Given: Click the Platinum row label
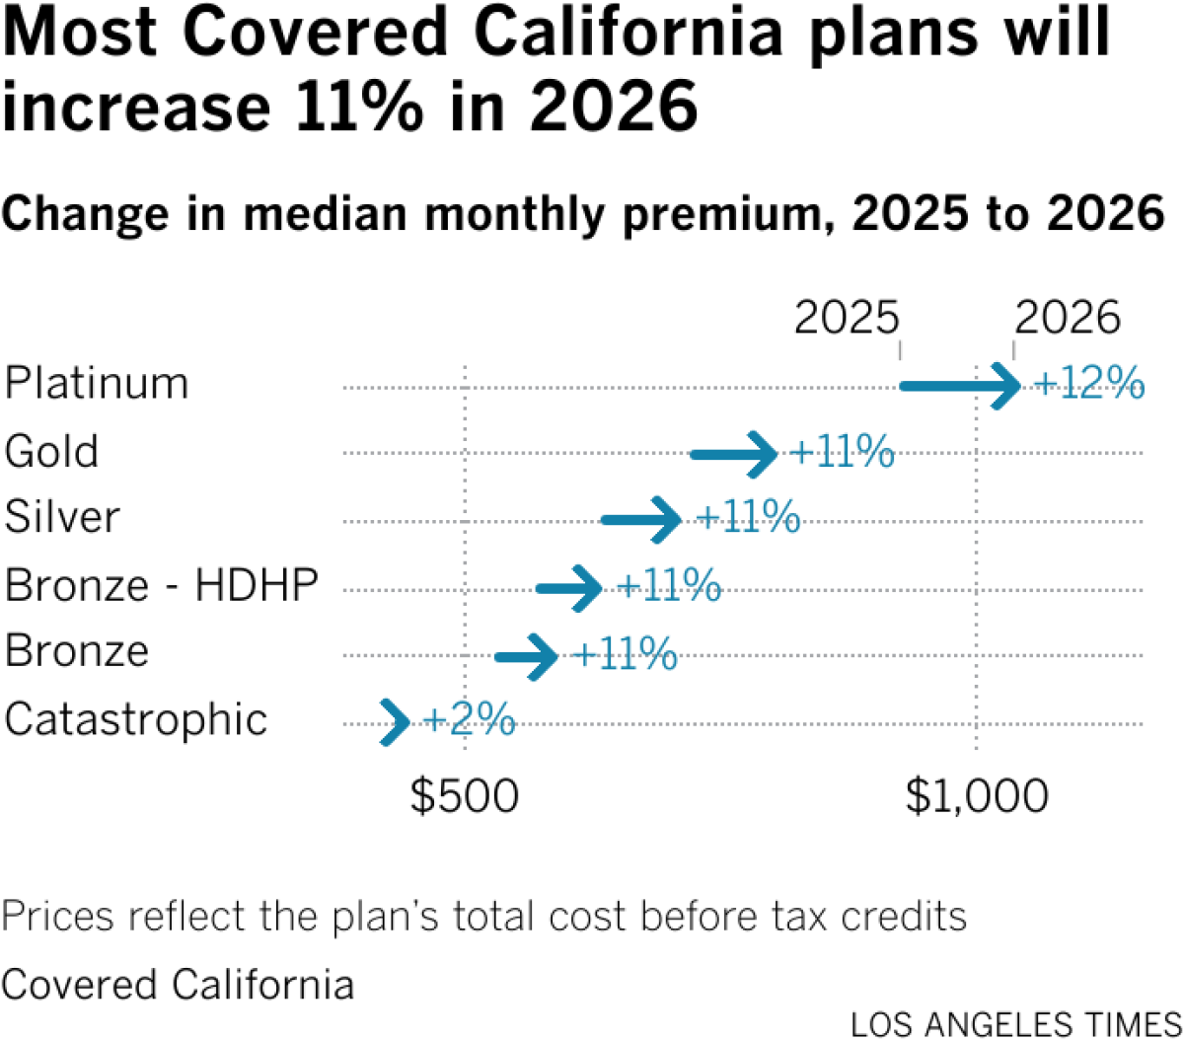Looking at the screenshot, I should tap(96, 383).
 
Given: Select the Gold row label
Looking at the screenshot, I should tap(52, 452).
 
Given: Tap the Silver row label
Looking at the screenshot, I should tap(62, 517).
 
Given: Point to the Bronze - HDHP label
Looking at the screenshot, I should tap(162, 586).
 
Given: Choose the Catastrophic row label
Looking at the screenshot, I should tap(136, 719).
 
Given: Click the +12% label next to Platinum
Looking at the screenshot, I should tap(1089, 385).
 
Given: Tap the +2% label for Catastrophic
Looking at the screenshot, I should tap(469, 721).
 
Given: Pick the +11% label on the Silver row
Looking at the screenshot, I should tap(748, 519).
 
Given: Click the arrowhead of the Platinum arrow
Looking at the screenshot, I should tap(1008, 386).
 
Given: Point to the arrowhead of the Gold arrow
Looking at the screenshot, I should tap(765, 454).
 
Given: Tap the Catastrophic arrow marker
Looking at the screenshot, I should tap(395, 722).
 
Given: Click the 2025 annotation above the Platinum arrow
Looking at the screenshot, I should tap(848, 319).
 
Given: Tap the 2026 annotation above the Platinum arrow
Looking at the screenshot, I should tap(1068, 319).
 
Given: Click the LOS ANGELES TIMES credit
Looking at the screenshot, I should tap(1016, 1023).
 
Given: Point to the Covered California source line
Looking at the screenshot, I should tap(178, 985).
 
